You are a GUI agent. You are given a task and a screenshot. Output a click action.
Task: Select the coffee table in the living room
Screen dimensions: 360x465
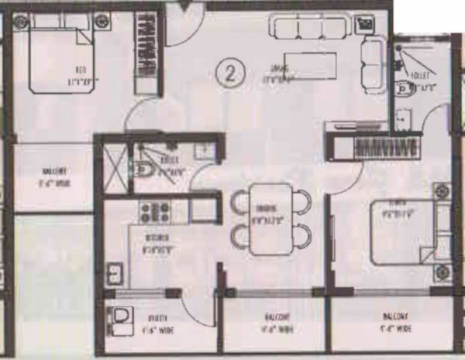coord(311,64)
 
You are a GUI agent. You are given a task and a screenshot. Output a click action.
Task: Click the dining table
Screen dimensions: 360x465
coord(271,218)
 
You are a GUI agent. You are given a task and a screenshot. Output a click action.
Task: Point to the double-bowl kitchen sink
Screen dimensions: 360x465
coord(115,273)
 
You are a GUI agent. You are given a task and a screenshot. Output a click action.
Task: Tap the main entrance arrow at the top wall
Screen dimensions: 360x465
coord(184,7)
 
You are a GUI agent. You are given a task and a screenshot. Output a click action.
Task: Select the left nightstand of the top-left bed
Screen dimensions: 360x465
coord(21,22)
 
